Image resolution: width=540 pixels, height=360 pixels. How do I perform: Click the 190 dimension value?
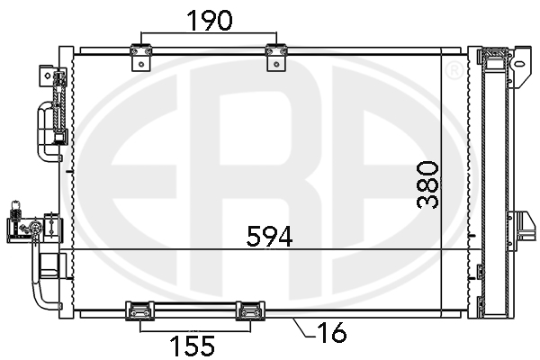(x=210, y=20)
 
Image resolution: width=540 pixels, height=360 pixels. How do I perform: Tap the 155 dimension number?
(x=193, y=346)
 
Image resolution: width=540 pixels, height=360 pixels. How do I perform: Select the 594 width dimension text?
(x=270, y=237)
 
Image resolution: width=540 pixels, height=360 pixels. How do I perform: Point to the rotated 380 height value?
(x=427, y=185)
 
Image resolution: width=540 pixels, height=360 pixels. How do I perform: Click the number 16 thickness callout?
(x=331, y=333)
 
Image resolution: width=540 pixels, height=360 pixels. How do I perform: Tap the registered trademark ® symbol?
(x=454, y=70)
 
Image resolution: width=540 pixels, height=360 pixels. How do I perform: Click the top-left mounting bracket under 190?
(x=141, y=58)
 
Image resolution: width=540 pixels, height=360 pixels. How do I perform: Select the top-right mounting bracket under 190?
(x=276, y=58)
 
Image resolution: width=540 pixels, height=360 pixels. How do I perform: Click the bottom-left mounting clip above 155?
(x=139, y=310)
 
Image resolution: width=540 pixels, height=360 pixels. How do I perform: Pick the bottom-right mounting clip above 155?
(x=250, y=310)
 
